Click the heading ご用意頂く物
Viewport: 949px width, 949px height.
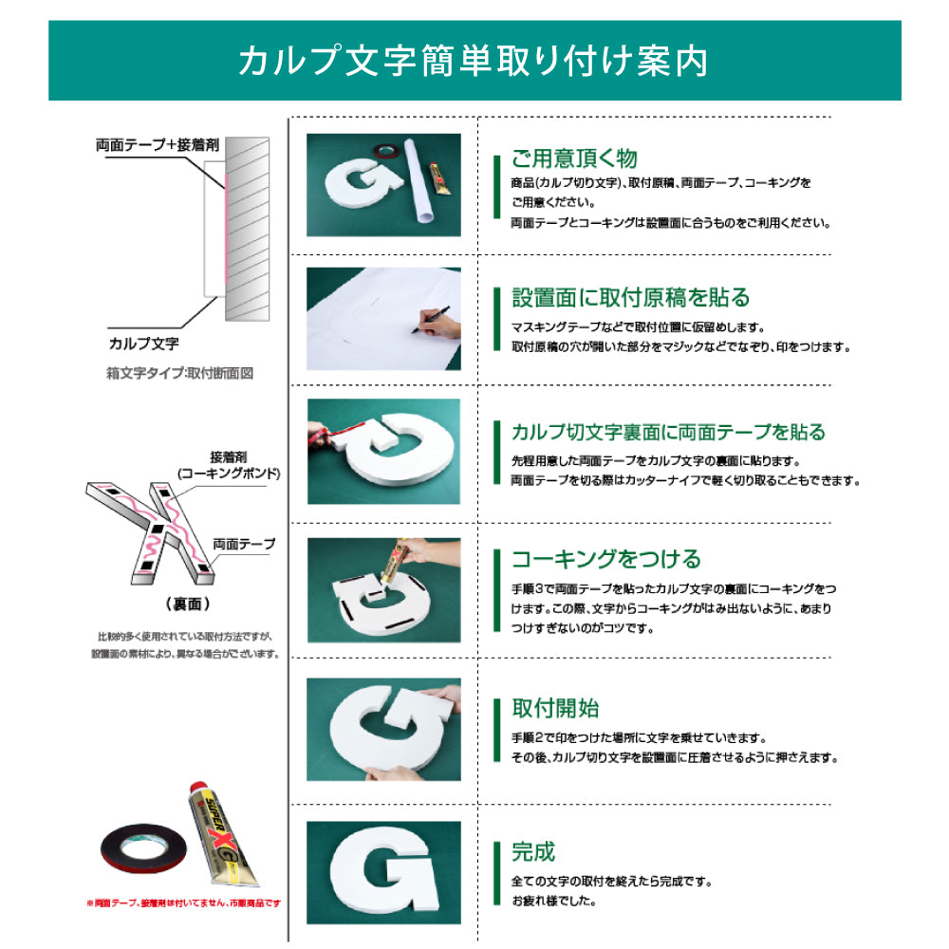click(x=574, y=158)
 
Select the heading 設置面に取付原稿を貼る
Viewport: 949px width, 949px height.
click(x=630, y=298)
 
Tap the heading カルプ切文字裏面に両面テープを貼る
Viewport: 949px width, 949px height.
click(x=668, y=433)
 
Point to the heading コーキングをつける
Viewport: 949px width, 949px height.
click(x=605, y=558)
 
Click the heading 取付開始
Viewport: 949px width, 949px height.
click(x=555, y=708)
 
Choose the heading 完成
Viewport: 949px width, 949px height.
click(x=533, y=851)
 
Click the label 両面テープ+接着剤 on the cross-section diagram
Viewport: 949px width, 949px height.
click(x=158, y=146)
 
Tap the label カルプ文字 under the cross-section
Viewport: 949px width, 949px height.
click(x=142, y=343)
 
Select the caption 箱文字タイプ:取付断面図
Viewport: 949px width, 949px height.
click(x=179, y=374)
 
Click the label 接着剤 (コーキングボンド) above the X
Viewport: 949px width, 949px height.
click(x=229, y=465)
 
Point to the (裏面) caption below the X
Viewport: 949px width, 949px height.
click(x=186, y=604)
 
